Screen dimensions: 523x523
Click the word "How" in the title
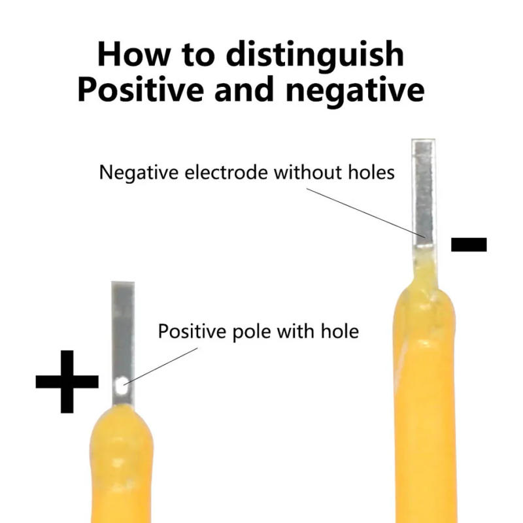pyautogui.click(x=134, y=54)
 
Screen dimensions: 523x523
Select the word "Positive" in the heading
pyautogui.click(x=141, y=90)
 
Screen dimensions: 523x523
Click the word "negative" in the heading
pyautogui.click(x=355, y=92)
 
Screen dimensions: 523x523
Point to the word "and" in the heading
pyautogui.click(x=244, y=90)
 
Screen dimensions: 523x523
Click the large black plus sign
pyautogui.click(x=67, y=382)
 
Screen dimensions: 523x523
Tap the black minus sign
pyautogui.click(x=469, y=244)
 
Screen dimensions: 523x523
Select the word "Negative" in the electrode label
pyautogui.click(x=139, y=173)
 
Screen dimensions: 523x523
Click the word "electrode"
pyautogui.click(x=226, y=173)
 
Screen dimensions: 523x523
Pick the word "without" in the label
pyautogui.click(x=307, y=173)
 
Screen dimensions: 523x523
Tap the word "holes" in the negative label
pyautogui.click(x=371, y=173)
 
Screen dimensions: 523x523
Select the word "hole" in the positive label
pyautogui.click(x=339, y=331)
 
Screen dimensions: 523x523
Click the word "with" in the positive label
pyautogui.click(x=296, y=331)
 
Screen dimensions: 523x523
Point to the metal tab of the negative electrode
pyautogui.click(x=424, y=193)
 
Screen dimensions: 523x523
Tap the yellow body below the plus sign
pyautogui.click(x=121, y=464)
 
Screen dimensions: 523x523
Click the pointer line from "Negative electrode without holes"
pyautogui.click(x=365, y=213)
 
